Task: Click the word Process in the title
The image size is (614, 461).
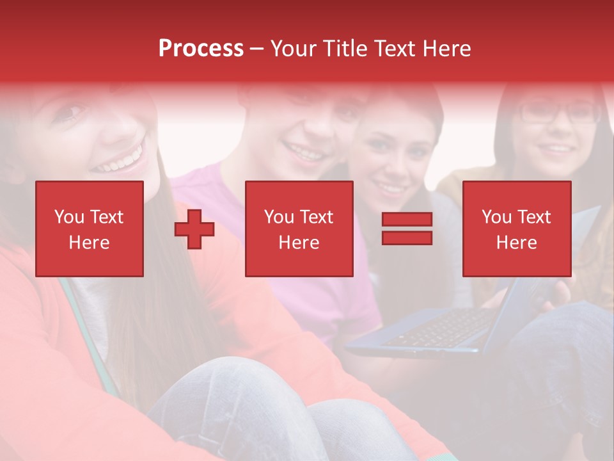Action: [x=201, y=49]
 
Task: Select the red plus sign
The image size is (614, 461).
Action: [x=194, y=229]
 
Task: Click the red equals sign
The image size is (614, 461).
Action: [x=407, y=229]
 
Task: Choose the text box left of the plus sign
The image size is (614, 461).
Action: [x=90, y=229]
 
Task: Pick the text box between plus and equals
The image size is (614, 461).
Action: [x=299, y=229]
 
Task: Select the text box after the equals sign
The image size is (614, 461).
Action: [x=517, y=229]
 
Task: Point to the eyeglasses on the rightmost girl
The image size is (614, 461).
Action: [x=558, y=113]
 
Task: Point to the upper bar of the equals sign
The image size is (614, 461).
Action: [x=407, y=220]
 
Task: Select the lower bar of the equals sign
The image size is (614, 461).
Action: [x=407, y=238]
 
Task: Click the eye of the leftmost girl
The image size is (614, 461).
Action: [x=72, y=114]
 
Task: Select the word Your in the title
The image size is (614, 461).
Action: [x=293, y=49]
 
